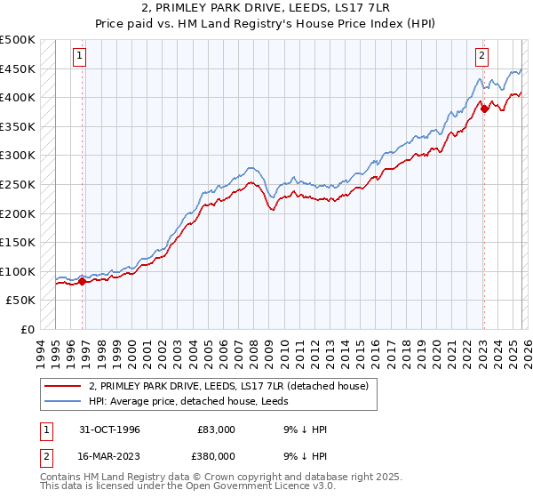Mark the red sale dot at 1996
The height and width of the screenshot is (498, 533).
pyautogui.click(x=83, y=282)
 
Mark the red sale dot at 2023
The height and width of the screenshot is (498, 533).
pyautogui.click(x=484, y=109)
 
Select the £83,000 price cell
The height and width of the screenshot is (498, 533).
pyautogui.click(x=217, y=430)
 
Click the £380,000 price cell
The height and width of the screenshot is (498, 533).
pyautogui.click(x=217, y=455)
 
